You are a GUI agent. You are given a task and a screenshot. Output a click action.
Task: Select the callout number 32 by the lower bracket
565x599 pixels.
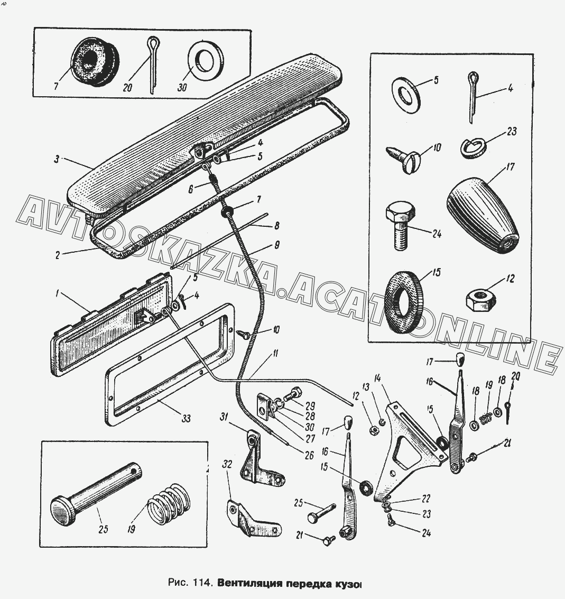click(x=227, y=465)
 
